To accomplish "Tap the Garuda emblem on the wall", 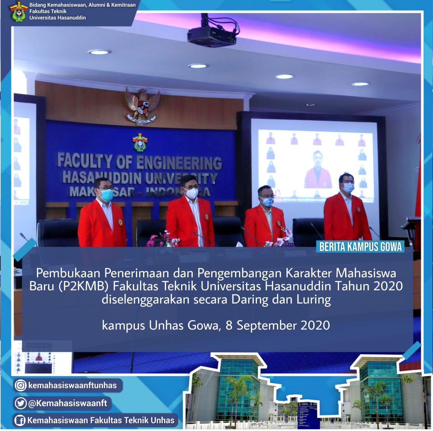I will [x=142, y=105].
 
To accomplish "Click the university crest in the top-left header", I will [x=18, y=11].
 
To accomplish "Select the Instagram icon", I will [x=21, y=385].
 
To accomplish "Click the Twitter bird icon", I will [x=21, y=403].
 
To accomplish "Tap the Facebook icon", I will [x=20, y=420].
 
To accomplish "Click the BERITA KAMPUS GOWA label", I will [x=360, y=247].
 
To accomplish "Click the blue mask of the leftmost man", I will [x=107, y=195].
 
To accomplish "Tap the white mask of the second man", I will [x=191, y=193].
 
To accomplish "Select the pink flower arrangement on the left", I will [x=162, y=240].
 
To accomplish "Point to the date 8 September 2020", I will [x=278, y=325].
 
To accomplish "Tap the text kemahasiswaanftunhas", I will [x=72, y=385].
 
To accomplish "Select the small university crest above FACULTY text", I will [x=140, y=142].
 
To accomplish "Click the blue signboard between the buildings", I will [x=307, y=414].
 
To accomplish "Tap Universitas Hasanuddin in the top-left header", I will [x=58, y=18].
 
